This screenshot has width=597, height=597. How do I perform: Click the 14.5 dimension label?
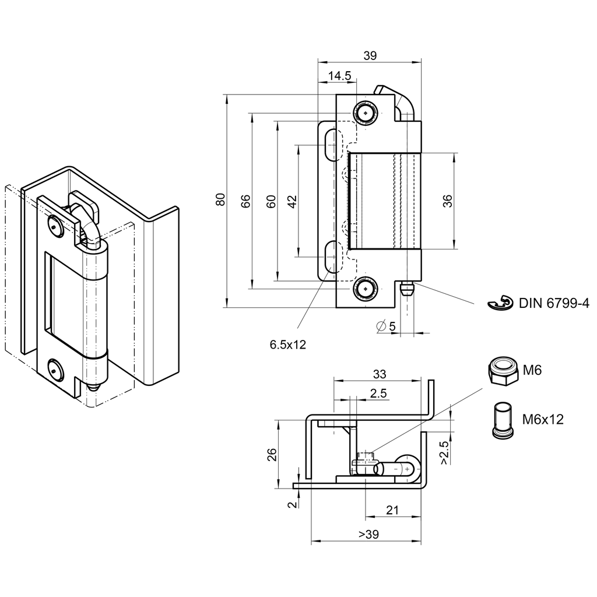click(x=339, y=76)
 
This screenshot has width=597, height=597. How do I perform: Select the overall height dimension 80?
click(x=220, y=199)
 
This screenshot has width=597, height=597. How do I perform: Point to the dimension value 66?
click(x=245, y=201)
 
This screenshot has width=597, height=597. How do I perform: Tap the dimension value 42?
click(x=293, y=201)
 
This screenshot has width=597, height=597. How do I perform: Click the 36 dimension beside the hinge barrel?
click(x=447, y=201)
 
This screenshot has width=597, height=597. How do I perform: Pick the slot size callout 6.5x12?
click(x=287, y=345)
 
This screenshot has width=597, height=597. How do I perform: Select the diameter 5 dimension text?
click(x=387, y=326)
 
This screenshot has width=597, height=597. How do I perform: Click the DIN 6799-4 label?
click(x=554, y=303)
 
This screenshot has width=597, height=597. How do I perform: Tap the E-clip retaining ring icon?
click(x=499, y=304)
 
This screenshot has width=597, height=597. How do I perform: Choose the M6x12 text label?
click(x=542, y=419)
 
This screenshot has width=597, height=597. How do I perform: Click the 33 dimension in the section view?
click(x=378, y=373)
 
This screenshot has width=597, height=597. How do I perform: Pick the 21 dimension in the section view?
click(x=393, y=510)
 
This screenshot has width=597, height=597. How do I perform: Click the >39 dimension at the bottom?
click(x=368, y=534)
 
